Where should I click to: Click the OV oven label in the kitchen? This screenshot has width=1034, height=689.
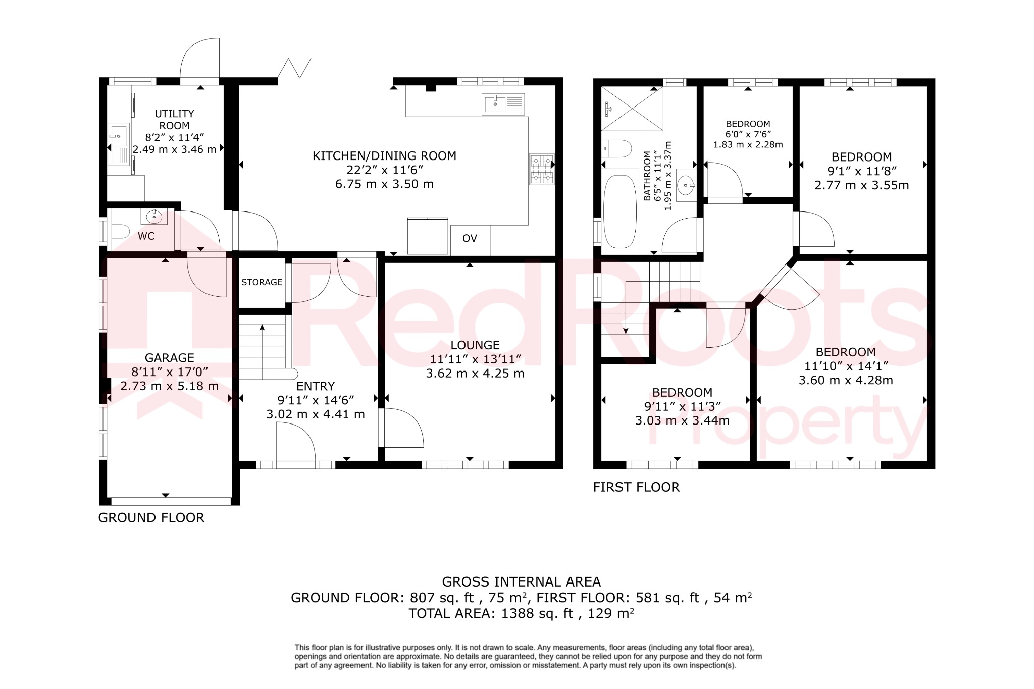[x=470, y=239]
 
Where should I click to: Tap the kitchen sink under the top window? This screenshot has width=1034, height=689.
[x=503, y=104]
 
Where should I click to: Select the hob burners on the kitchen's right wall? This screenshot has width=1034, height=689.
[x=541, y=169]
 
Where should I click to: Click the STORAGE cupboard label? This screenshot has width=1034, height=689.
[x=262, y=282]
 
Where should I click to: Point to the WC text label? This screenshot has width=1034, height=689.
[x=146, y=236]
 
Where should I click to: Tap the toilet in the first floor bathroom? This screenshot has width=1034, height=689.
[x=617, y=148]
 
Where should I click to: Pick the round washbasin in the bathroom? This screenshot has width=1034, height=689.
[x=686, y=186]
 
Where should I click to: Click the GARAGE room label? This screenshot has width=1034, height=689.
[x=169, y=358]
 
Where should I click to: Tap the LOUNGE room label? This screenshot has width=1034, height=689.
[x=475, y=345]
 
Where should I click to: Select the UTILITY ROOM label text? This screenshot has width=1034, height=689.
[x=174, y=120]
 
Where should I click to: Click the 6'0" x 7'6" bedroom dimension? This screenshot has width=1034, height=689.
[x=748, y=134]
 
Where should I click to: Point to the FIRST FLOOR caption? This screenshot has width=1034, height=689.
[x=636, y=487]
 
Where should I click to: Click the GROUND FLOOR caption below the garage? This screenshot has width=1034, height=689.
[x=151, y=518]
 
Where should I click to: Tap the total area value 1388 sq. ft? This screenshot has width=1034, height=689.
[x=537, y=614]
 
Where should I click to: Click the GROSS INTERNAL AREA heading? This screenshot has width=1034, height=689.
[x=521, y=582]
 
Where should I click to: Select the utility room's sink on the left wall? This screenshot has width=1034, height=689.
[x=119, y=144]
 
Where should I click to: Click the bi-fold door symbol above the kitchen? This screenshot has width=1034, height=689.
[x=294, y=68]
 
